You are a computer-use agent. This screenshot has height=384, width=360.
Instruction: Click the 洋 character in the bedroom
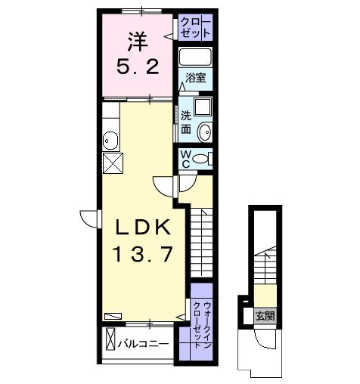(138, 39)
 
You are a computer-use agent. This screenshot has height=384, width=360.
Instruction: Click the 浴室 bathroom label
(196, 77)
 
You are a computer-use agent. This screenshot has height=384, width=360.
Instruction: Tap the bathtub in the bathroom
(196, 57)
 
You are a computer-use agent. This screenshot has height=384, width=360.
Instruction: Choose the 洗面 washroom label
(186, 122)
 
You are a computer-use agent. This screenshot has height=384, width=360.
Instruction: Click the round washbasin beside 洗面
(203, 132)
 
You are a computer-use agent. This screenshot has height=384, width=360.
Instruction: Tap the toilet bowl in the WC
(201, 159)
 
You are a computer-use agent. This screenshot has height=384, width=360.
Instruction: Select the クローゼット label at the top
(196, 28)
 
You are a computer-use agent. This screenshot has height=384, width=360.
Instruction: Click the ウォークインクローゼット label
(202, 319)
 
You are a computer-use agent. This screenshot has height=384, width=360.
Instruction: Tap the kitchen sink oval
(111, 140)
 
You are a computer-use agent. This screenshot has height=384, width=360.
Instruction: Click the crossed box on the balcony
(110, 338)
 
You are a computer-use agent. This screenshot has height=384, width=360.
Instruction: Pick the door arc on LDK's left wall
(92, 217)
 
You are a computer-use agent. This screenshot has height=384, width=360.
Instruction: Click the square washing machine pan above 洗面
(201, 109)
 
